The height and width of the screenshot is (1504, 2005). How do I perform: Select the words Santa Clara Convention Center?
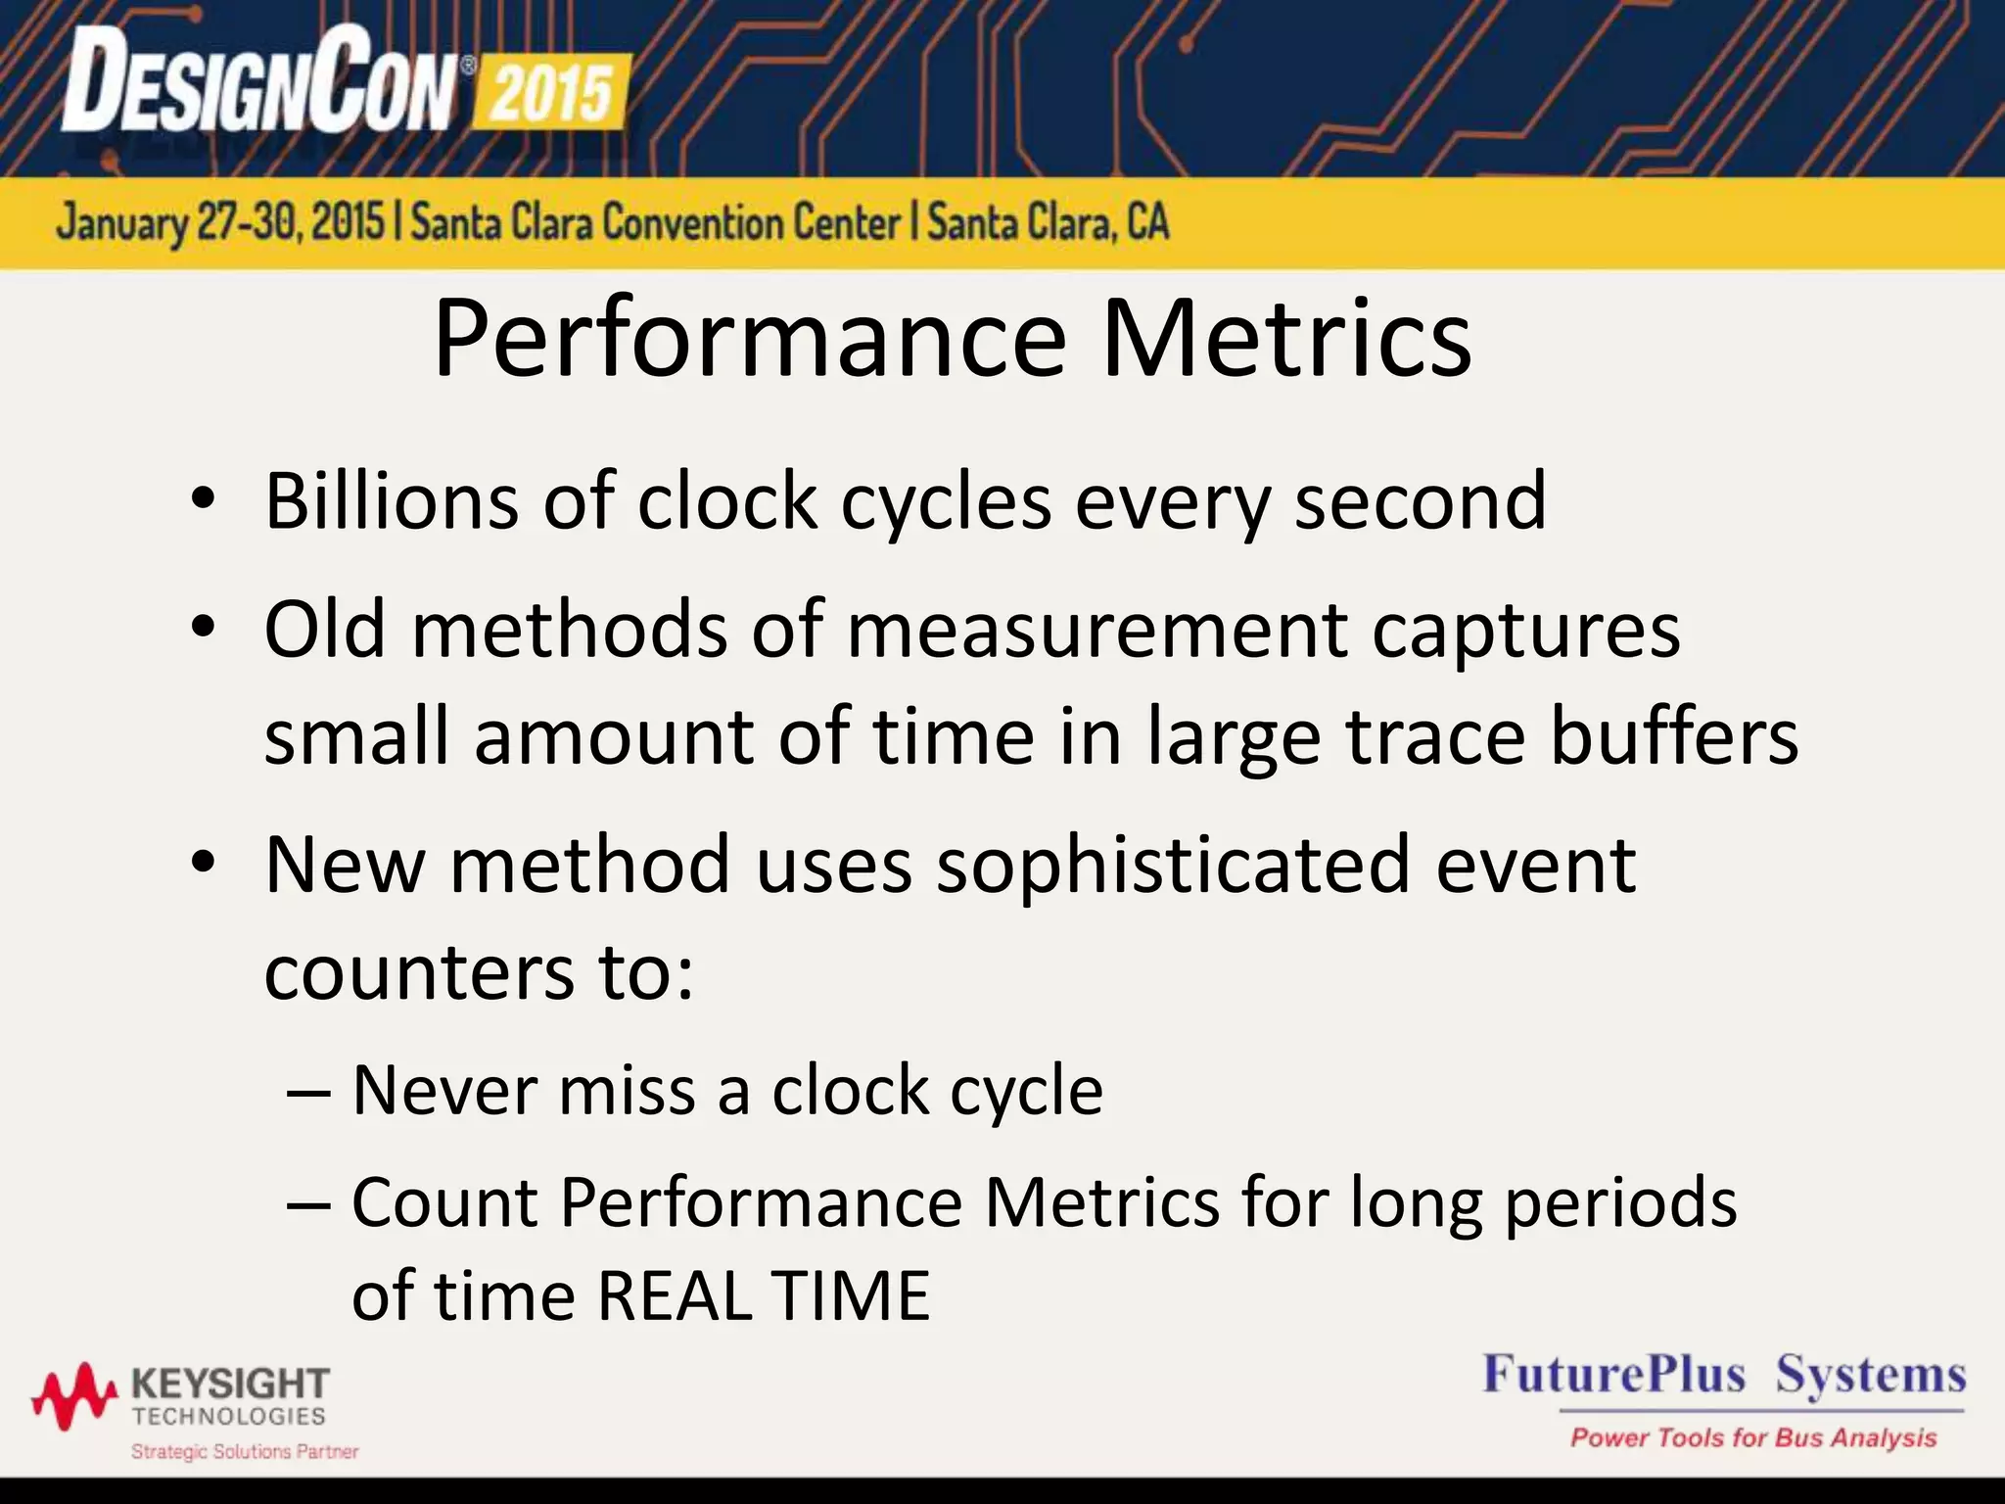pos(655,223)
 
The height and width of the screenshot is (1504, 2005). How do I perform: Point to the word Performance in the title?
pos(749,340)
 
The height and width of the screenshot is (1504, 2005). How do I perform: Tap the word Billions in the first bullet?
pos(391,501)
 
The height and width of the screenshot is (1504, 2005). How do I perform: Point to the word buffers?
pos(1673,736)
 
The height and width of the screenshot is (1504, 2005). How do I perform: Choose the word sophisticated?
pos(1172,865)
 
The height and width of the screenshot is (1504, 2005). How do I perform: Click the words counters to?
pos(479,972)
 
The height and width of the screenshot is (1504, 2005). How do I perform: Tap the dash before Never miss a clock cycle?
pos(310,1092)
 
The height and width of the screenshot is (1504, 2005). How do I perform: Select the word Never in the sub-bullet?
pos(443,1090)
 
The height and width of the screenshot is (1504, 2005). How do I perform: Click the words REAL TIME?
pos(763,1295)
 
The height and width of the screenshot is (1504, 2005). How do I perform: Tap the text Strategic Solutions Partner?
pos(245,1451)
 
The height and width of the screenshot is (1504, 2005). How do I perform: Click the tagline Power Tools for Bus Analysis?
pos(1753,1437)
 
